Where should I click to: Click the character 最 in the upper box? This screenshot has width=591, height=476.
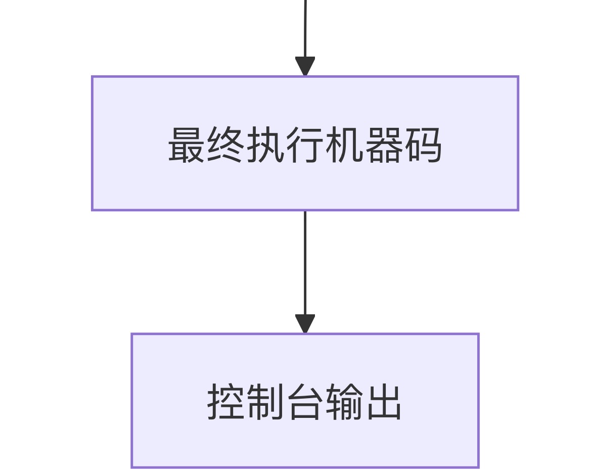187,145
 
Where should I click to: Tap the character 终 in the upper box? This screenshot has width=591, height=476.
226,145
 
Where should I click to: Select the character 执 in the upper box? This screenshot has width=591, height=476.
265,145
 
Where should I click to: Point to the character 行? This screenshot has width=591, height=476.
305,145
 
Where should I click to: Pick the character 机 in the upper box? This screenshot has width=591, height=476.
344,145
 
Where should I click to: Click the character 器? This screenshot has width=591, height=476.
384,145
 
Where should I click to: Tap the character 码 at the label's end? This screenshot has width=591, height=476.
423,145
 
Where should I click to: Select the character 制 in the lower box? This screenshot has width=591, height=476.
266,403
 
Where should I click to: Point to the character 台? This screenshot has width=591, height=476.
305,403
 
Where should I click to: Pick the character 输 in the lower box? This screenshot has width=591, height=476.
344,403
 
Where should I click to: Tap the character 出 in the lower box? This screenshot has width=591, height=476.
384,403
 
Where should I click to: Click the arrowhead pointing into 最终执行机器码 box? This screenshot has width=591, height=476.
305,67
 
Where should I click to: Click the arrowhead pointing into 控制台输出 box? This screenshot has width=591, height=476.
305,324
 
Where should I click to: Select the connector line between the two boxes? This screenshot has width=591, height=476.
305,263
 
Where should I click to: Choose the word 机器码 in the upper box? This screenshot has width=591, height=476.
384,145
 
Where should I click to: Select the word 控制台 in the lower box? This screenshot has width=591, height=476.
266,403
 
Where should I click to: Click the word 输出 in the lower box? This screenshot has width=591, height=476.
364,403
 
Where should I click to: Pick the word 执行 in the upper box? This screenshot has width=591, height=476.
285,145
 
